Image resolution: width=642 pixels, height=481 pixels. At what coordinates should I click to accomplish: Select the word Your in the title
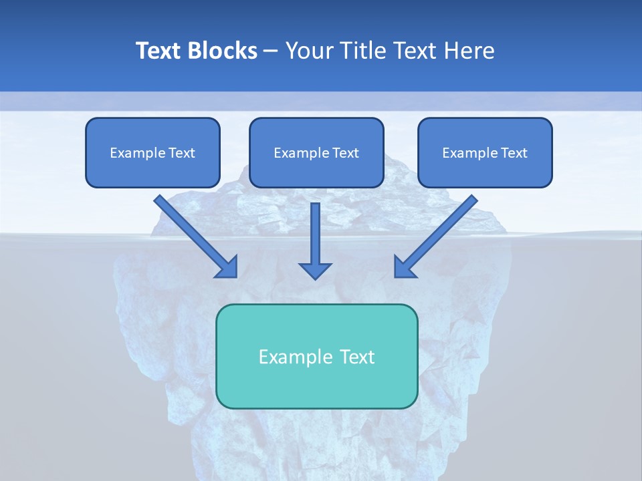coord(308,51)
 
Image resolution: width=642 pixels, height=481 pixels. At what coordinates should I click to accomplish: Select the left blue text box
coord(152,152)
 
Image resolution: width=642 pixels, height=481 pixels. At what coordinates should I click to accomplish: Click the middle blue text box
coord(316,152)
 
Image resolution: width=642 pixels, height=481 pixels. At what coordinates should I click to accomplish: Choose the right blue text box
coord(485,152)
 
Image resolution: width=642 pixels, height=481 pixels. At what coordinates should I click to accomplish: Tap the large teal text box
coord(316,356)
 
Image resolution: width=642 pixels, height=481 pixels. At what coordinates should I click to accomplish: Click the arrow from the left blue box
coord(194,234)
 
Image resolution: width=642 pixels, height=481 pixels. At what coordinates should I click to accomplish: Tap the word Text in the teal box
coord(357,357)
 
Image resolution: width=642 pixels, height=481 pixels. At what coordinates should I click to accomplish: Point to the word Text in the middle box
coord(346,153)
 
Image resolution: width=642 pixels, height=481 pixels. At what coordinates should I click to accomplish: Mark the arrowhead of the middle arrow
coord(315,270)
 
